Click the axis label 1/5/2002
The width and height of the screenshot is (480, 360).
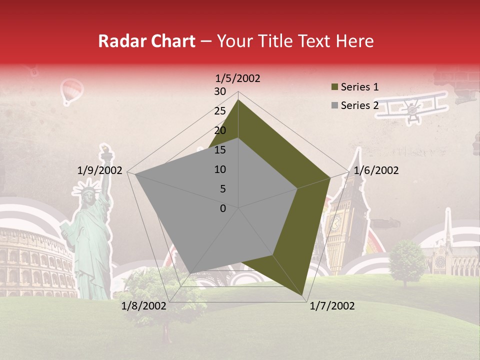(238, 78)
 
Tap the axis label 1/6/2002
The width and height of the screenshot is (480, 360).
(376, 170)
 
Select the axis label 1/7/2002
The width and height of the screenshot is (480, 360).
(332, 306)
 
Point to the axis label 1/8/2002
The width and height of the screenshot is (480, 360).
(144, 306)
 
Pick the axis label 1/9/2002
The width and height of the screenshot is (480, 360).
(100, 170)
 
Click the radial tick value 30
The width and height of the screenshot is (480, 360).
(220, 91)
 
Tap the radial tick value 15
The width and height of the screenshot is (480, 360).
(220, 150)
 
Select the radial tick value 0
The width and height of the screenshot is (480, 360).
(223, 208)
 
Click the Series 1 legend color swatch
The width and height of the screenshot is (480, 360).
(335, 87)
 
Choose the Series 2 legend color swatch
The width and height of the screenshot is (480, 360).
(335, 105)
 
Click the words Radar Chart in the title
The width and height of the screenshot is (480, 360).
(146, 41)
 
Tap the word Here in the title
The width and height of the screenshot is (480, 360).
(354, 41)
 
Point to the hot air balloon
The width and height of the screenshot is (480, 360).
(70, 91)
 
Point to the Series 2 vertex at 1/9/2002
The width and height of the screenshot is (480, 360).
(134, 174)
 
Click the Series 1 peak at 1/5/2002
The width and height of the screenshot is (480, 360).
(238, 100)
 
